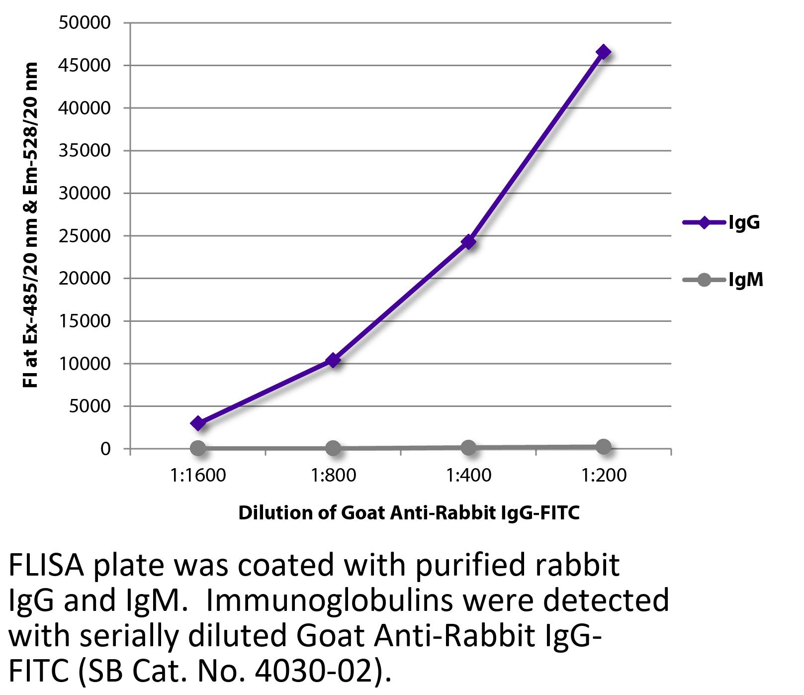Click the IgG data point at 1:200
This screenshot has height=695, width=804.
coord(603,52)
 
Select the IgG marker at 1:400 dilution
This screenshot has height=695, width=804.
coord(468,242)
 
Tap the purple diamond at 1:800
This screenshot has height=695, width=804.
coord(333,360)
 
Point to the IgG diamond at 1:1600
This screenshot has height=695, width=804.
coord(198,423)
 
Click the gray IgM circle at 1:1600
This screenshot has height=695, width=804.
coord(198,448)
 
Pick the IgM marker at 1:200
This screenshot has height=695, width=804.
coord(603,447)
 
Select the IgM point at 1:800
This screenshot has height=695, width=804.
coord(333,448)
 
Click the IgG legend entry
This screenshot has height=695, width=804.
coord(722,222)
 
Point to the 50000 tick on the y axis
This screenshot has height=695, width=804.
coord(84,23)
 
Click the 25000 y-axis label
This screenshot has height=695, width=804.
coord(84,236)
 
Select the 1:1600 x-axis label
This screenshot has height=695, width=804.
coord(198,476)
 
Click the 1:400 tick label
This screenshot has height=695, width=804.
coord(468,476)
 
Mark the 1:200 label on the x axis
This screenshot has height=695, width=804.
coord(604,476)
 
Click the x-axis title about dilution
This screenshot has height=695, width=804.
coord(409,513)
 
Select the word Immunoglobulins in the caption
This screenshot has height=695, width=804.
coord(329,600)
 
